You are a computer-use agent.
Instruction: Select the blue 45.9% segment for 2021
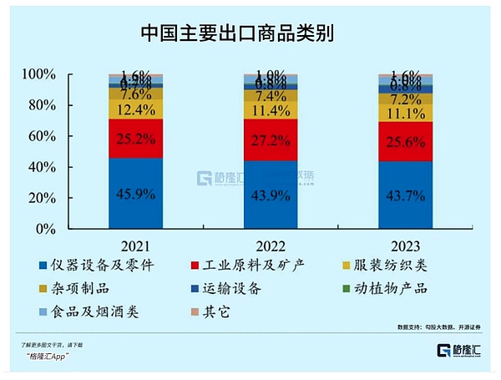coord(134,192)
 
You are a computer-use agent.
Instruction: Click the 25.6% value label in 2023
coord(405,142)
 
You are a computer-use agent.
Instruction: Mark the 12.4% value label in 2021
coord(134,109)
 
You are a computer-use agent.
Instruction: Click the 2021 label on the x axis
coord(134,246)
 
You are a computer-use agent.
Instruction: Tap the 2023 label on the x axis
coord(405,246)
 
